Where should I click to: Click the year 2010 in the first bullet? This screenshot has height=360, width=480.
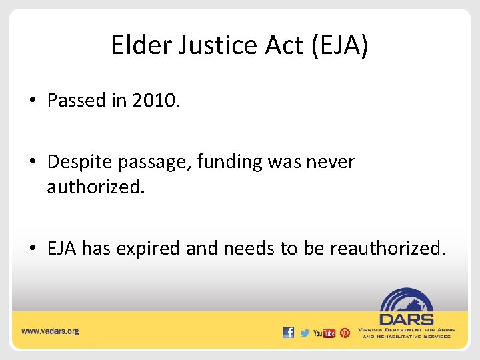[155, 100]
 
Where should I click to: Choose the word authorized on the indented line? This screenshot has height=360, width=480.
[95, 187]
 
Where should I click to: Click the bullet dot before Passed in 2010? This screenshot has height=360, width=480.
[33, 101]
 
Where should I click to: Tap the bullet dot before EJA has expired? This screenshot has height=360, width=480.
[33, 249]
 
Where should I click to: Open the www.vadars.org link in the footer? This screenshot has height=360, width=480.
[50, 331]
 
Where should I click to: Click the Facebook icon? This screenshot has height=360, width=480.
[288, 332]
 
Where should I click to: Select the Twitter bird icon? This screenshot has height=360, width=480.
[305, 333]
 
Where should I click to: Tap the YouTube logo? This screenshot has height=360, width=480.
[324, 333]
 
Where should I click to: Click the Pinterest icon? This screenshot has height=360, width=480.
[345, 333]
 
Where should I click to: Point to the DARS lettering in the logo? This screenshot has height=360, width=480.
[406, 319]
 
